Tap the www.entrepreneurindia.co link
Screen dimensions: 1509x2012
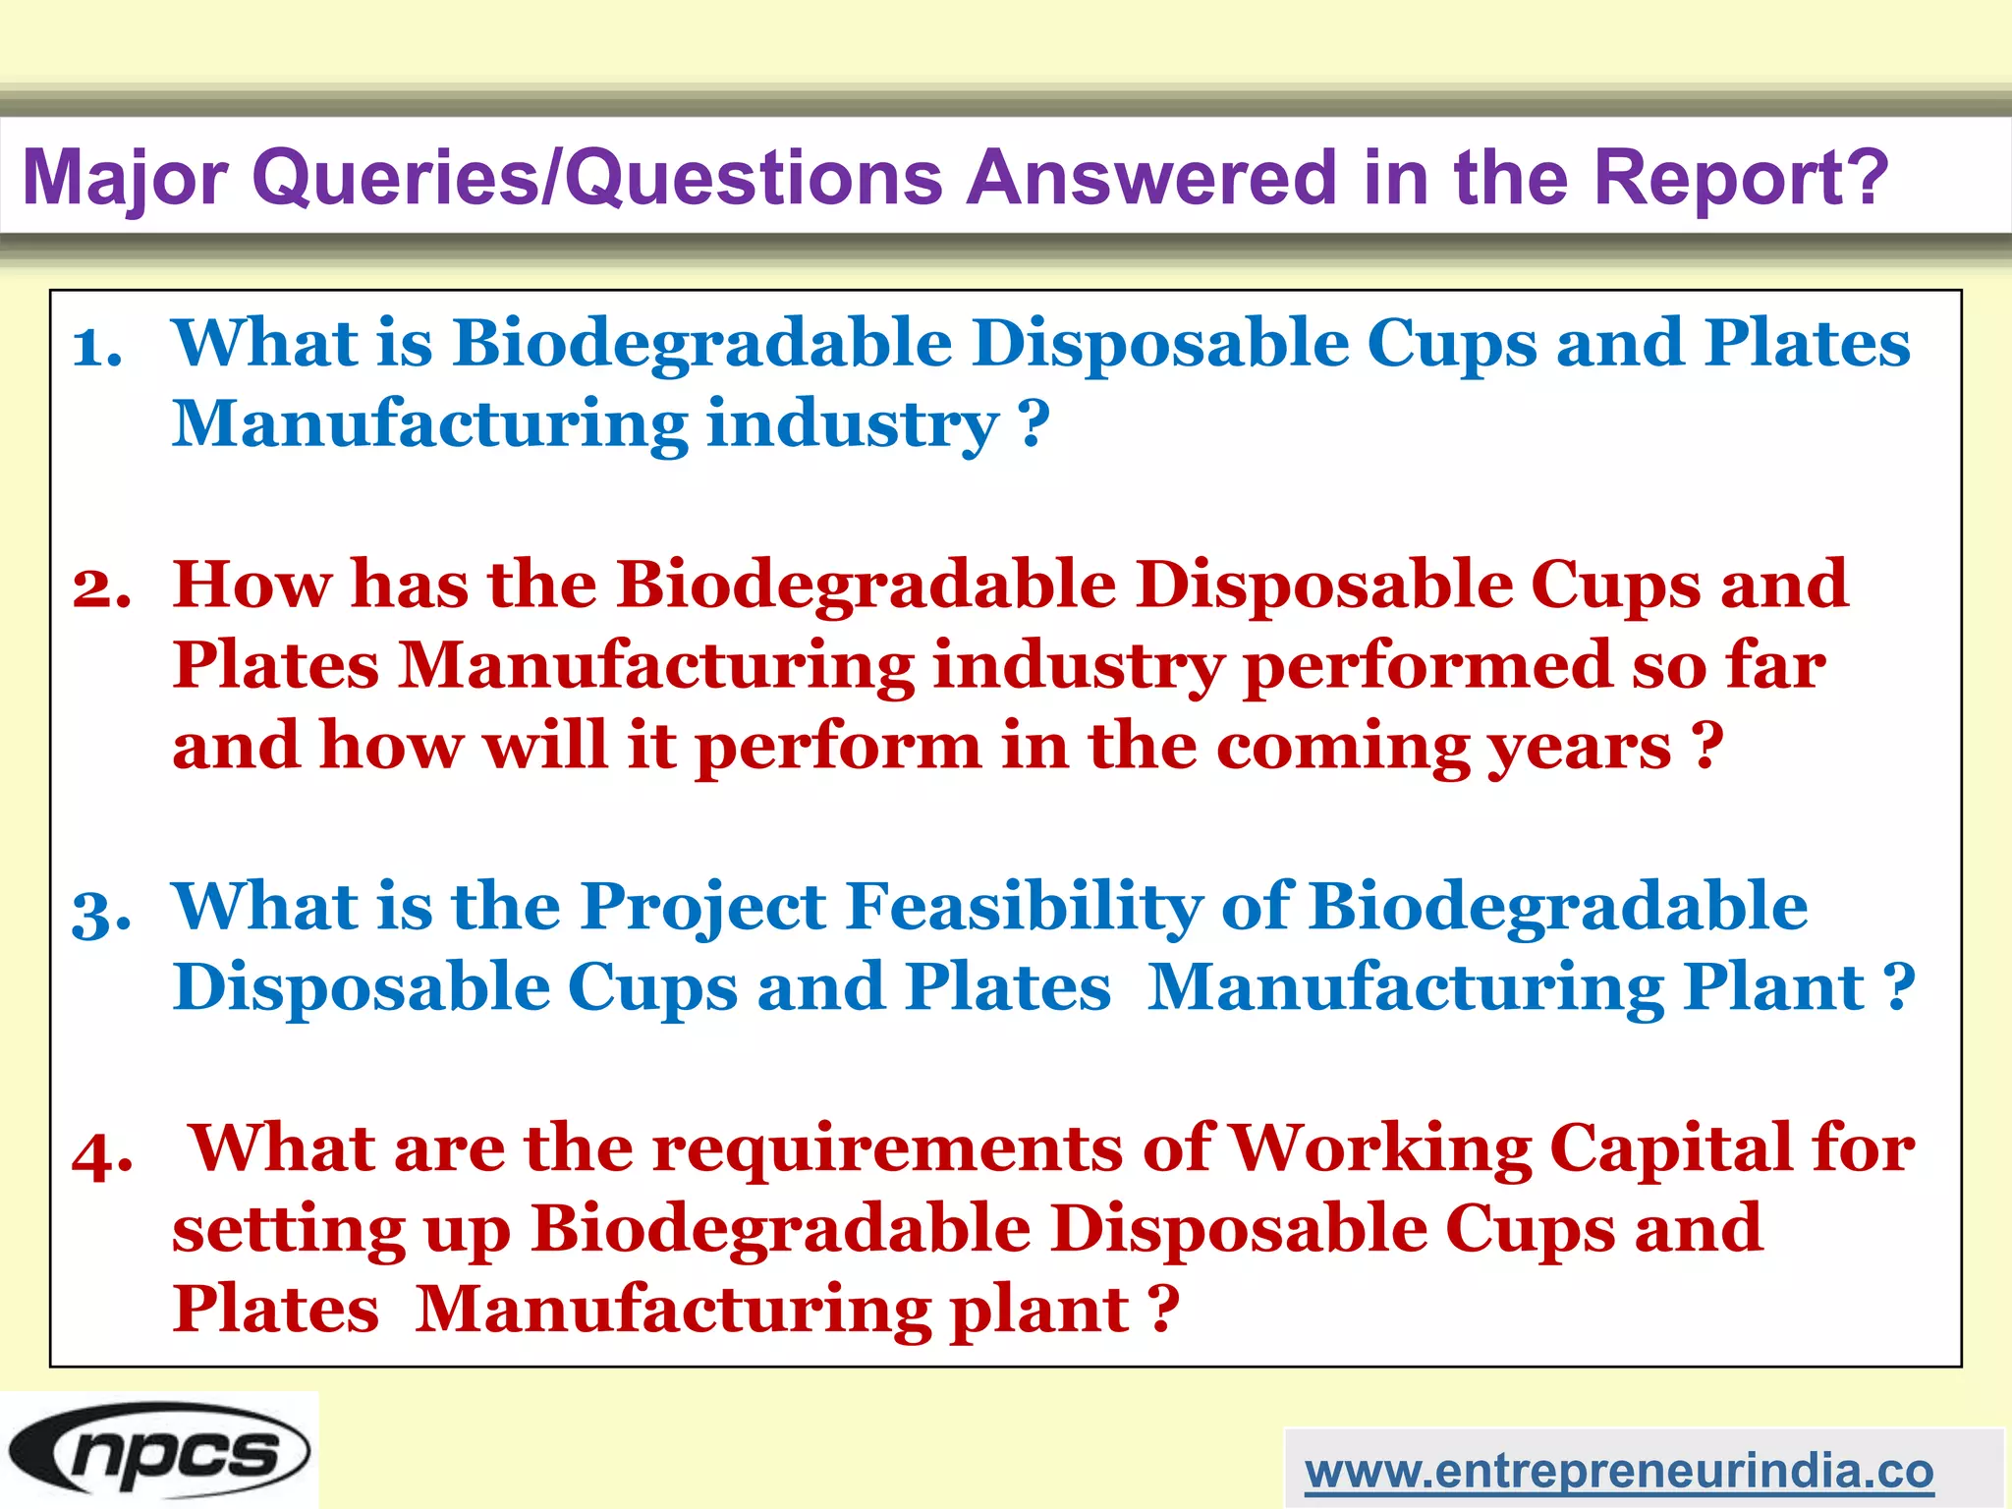[1618, 1471]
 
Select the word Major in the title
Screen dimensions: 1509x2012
[126, 179]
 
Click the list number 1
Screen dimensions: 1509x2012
[97, 347]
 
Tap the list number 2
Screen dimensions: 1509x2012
[101, 588]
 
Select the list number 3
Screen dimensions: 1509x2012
[101, 911]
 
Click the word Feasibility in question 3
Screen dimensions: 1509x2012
[1023, 907]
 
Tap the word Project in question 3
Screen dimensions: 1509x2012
[702, 907]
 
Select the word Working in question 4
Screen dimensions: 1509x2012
[1379, 1148]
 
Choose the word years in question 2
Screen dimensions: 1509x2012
[1579, 747]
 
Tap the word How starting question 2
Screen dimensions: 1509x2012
[252, 586]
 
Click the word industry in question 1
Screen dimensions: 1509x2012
[852, 425]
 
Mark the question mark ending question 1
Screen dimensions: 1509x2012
[1034, 425]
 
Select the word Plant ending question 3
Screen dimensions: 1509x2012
[1772, 987]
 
